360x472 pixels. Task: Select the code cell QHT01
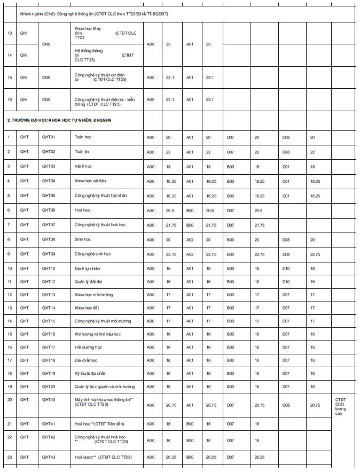pyautogui.click(x=49, y=137)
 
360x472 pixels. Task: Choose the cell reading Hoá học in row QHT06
pyautogui.click(x=83, y=210)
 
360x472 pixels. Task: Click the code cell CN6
pyautogui.click(x=46, y=78)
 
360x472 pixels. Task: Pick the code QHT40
pyautogui.click(x=49, y=399)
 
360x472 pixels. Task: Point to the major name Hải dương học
pyautogui.click(x=88, y=347)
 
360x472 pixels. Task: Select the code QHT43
pyautogui.click(x=49, y=457)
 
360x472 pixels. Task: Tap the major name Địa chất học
pyautogui.click(x=87, y=360)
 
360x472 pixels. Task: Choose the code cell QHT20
pyautogui.click(x=49, y=386)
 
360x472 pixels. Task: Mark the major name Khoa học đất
pyautogui.click(x=87, y=308)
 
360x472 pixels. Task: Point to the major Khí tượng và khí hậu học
pyautogui.click(x=98, y=334)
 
